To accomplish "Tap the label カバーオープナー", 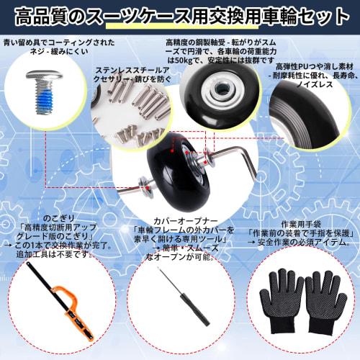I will click(179, 220).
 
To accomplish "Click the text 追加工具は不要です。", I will click(49, 254).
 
